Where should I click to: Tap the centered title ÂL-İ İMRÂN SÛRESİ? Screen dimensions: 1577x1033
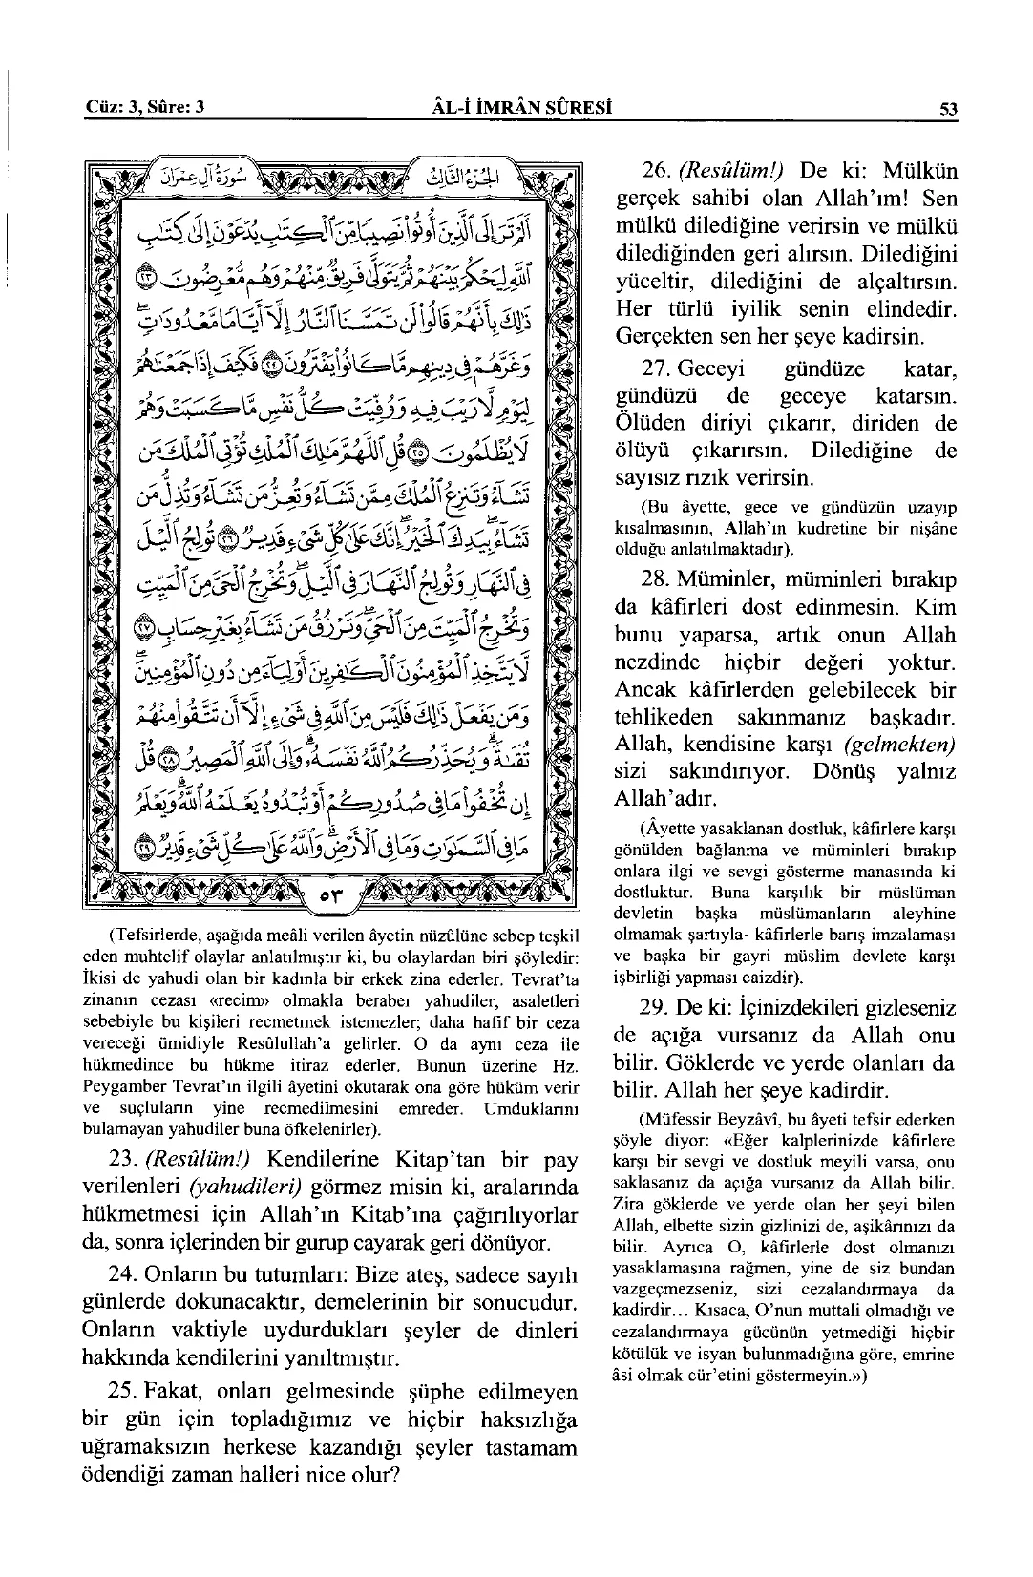pyautogui.click(x=520, y=108)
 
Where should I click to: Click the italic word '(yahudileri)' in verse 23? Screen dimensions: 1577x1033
pyautogui.click(x=245, y=1188)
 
